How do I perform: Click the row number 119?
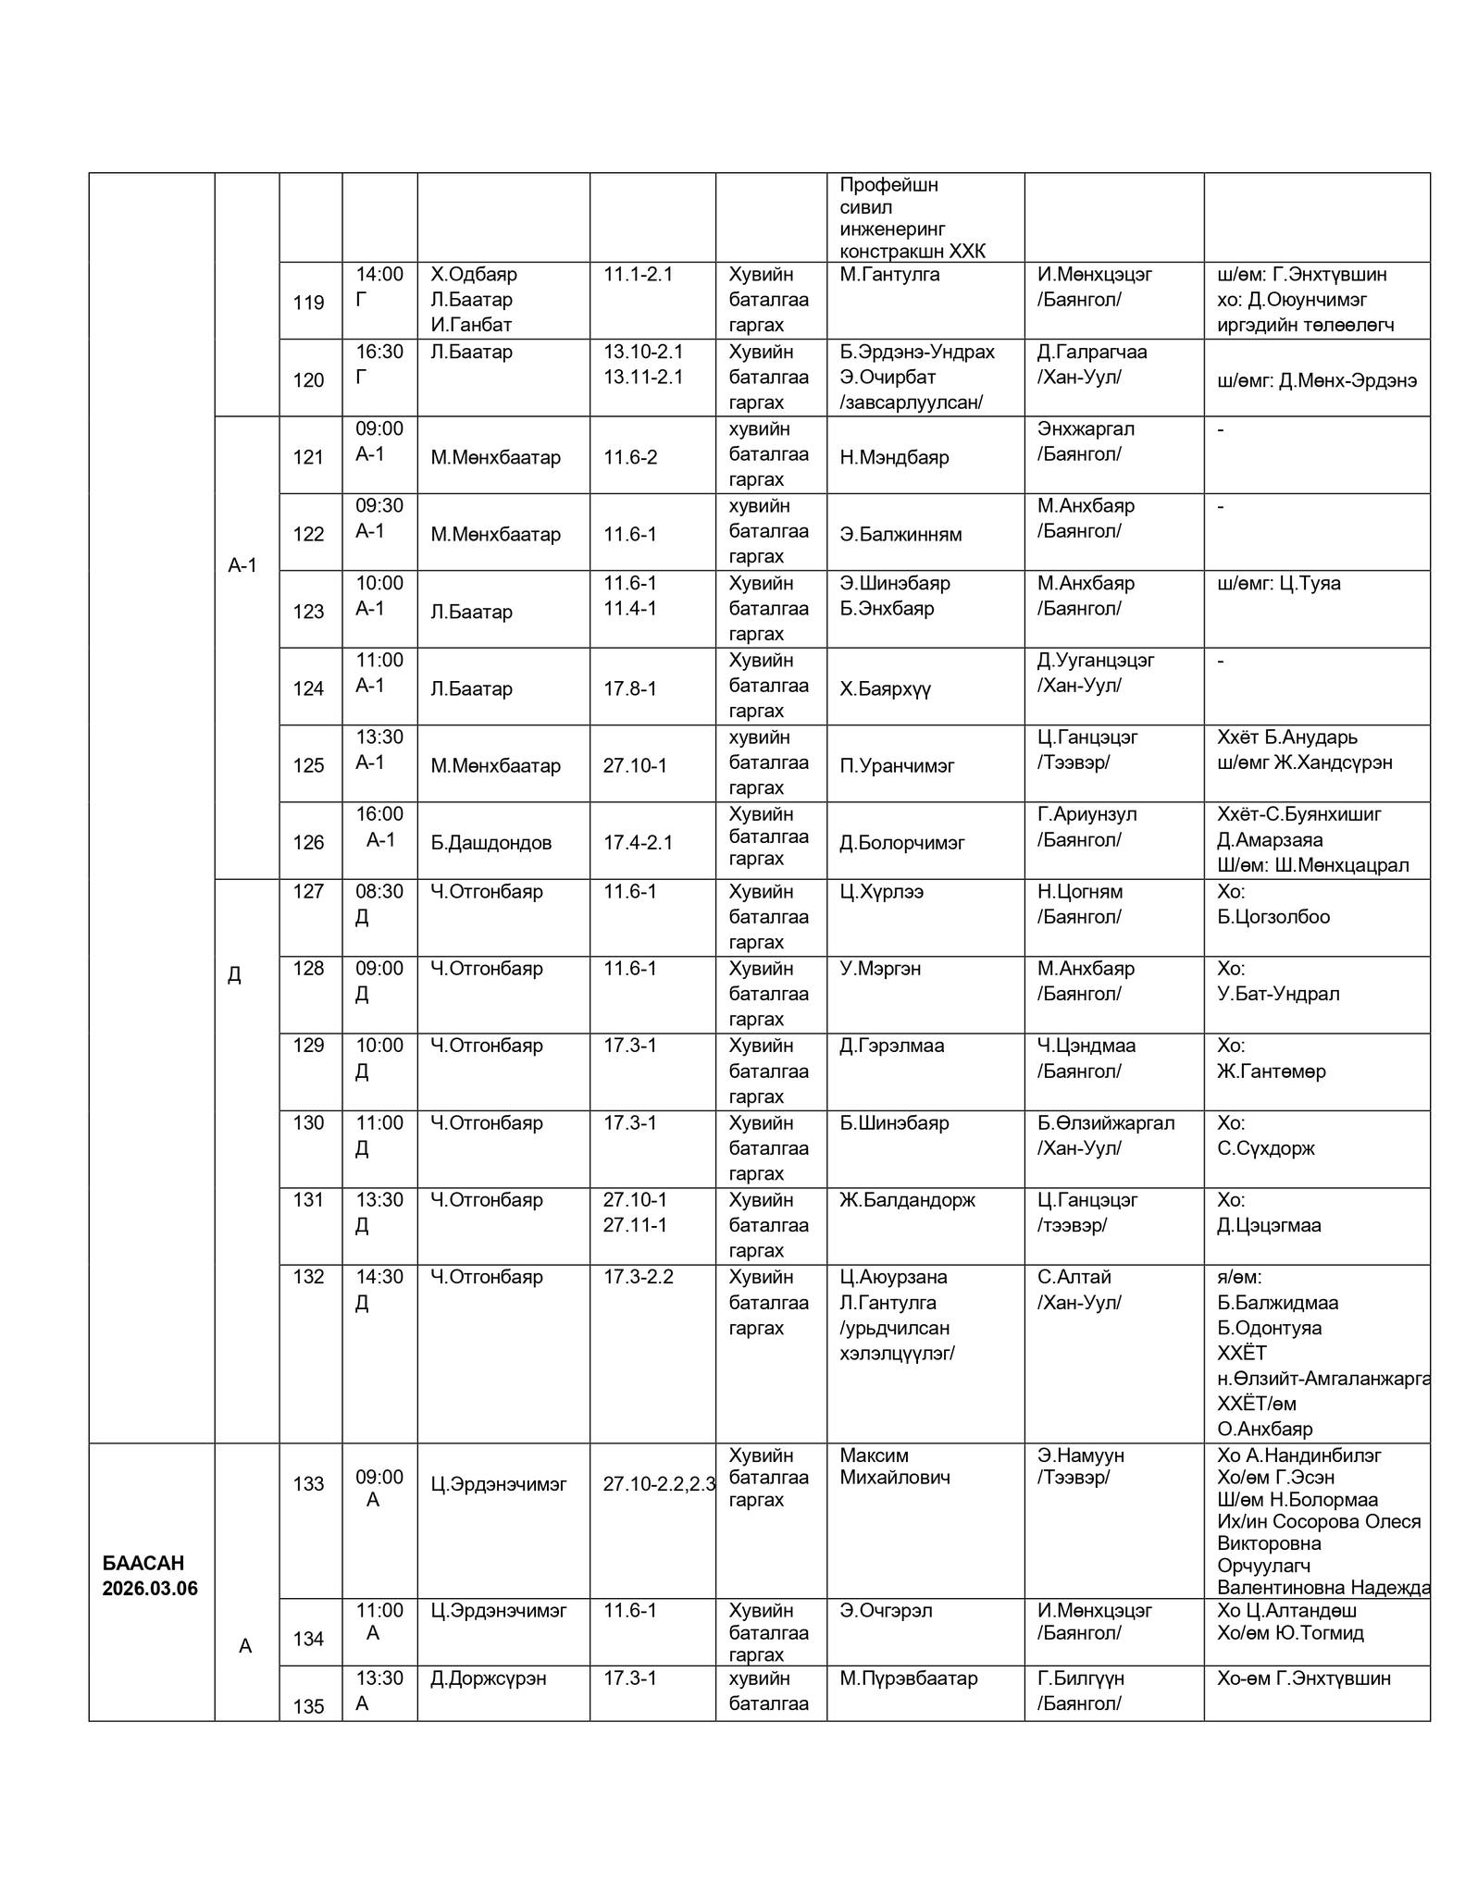(x=308, y=303)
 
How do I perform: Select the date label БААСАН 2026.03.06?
(x=150, y=1576)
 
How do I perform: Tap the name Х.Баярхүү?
(x=885, y=688)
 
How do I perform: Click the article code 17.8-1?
(x=629, y=688)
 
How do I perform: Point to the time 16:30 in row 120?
(x=379, y=352)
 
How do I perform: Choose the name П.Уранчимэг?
(x=897, y=765)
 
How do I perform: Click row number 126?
(x=308, y=842)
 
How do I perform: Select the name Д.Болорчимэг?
(x=901, y=842)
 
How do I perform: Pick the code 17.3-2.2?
(x=639, y=1277)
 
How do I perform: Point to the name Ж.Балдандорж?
(x=907, y=1200)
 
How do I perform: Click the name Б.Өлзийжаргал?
(x=1106, y=1122)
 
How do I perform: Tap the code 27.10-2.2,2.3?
(x=659, y=1484)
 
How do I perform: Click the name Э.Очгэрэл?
(x=886, y=1611)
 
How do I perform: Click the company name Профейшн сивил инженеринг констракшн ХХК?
(x=913, y=217)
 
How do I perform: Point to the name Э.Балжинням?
(x=900, y=534)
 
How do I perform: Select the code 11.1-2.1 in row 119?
(x=638, y=274)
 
